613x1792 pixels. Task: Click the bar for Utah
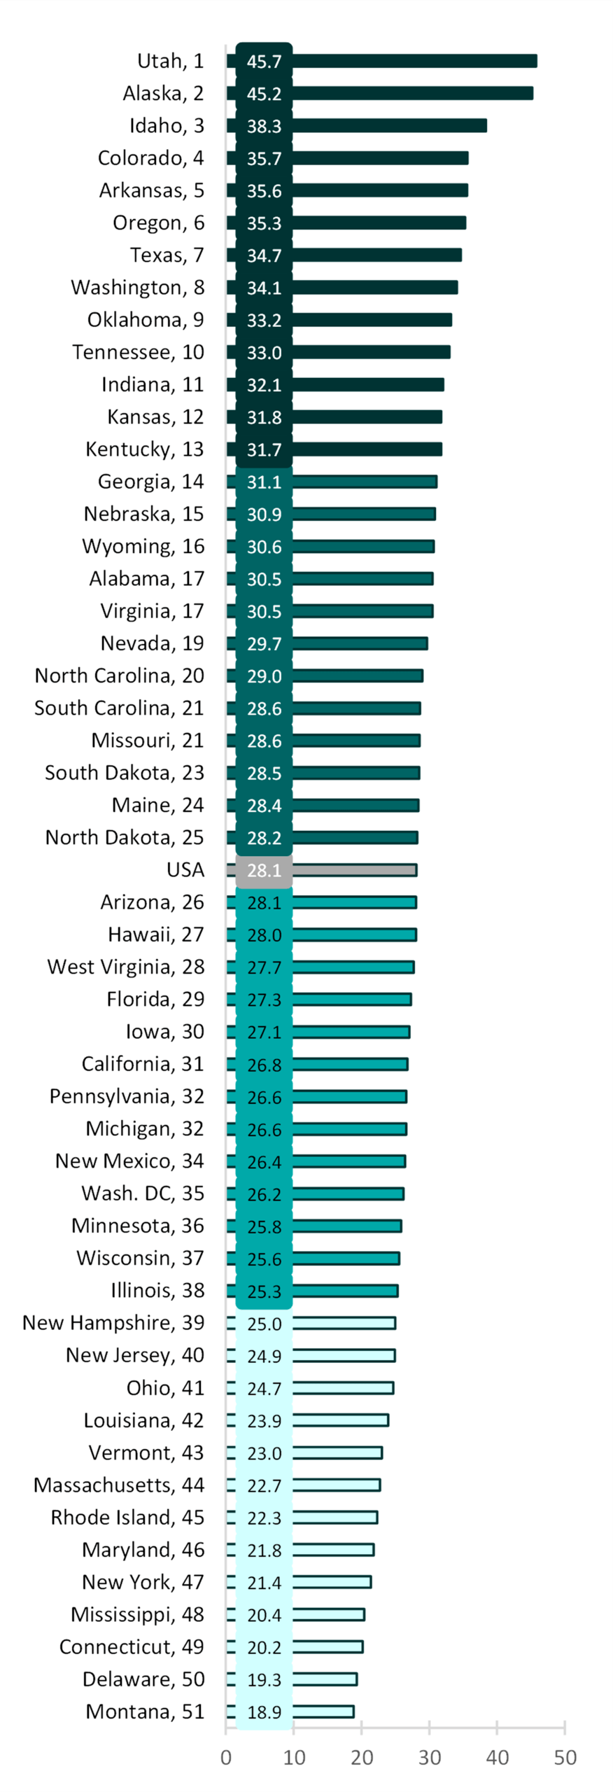pyautogui.click(x=413, y=61)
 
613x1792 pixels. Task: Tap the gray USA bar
pyautogui.click(x=353, y=869)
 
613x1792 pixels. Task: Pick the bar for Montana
pyautogui.click(x=323, y=1711)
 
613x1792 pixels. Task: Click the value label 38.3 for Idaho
pyautogui.click(x=264, y=126)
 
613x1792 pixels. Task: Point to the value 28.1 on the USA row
pyautogui.click(x=264, y=870)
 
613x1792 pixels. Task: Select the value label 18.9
pyautogui.click(x=264, y=1711)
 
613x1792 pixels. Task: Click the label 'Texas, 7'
pyautogui.click(x=167, y=255)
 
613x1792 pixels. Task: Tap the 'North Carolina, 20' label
pyautogui.click(x=119, y=675)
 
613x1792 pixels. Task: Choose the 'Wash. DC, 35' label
pyautogui.click(x=143, y=1193)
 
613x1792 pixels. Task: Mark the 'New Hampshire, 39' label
pyautogui.click(x=113, y=1322)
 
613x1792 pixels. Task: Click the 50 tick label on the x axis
pyautogui.click(x=565, y=1757)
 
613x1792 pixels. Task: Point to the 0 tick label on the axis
pyautogui.click(x=226, y=1757)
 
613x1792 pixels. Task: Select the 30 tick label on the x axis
pyautogui.click(x=429, y=1757)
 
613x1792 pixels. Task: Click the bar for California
pyautogui.click(x=349, y=1064)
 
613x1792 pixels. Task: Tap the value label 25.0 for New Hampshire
pyautogui.click(x=264, y=1324)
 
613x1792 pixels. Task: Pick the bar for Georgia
pyautogui.click(x=364, y=482)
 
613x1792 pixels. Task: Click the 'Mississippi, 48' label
pyautogui.click(x=137, y=1613)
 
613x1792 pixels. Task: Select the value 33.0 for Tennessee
pyautogui.click(x=264, y=353)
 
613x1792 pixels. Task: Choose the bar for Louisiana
pyautogui.click(x=339, y=1420)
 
